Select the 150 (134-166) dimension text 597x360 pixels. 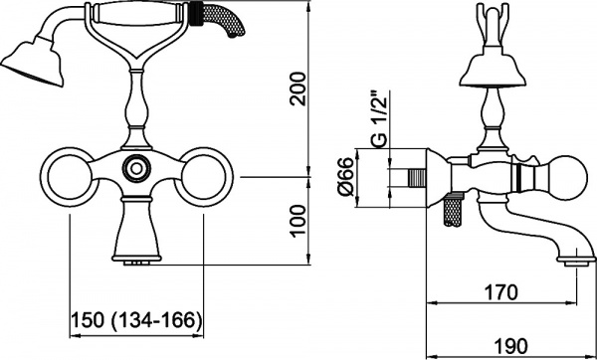(136, 320)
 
